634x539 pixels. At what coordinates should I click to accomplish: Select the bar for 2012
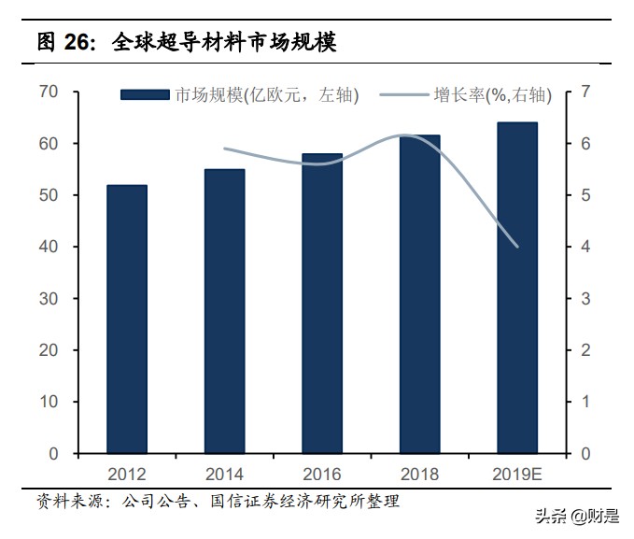126,319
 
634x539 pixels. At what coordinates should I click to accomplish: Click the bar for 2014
224,311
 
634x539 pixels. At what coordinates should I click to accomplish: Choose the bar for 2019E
516,288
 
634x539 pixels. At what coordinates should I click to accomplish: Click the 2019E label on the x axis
517,474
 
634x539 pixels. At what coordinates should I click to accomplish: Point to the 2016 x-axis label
322,474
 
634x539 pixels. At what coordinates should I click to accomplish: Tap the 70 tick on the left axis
49,92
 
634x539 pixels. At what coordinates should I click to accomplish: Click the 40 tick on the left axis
49,247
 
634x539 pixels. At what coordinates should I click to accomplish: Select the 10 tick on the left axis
49,402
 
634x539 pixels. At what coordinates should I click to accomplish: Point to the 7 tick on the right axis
585,92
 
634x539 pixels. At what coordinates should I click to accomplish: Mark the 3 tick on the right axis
585,299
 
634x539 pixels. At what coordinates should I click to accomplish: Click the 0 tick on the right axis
585,454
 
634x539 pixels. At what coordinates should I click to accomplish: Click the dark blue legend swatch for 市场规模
147,94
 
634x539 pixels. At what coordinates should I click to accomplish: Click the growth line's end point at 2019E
516,247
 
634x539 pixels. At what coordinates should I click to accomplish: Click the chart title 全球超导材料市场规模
224,41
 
